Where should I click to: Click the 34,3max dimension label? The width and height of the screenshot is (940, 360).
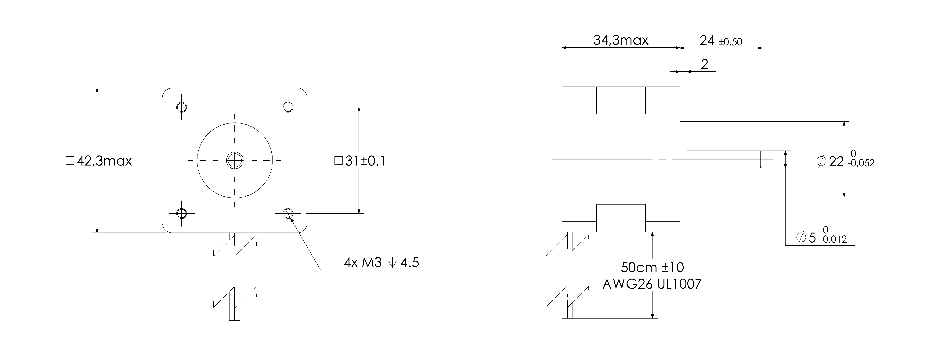pos(620,40)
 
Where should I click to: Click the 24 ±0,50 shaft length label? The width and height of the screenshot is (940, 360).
pos(721,41)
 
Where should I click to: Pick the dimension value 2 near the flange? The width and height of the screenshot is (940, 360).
pos(705,64)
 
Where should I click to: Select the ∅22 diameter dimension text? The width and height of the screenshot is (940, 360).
pos(830,161)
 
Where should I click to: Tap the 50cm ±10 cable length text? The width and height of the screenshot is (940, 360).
pos(652,267)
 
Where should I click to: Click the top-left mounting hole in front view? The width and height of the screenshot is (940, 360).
pos(181,107)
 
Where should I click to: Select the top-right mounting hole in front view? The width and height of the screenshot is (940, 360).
pos(288,107)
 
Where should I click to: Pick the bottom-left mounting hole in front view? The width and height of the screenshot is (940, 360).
pos(181,213)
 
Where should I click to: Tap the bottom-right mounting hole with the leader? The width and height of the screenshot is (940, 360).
pos(288,213)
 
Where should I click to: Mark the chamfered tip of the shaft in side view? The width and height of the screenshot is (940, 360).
pos(761,159)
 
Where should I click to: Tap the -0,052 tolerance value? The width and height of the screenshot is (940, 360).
pos(861,163)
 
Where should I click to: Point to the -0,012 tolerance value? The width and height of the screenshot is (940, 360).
pos(833,240)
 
